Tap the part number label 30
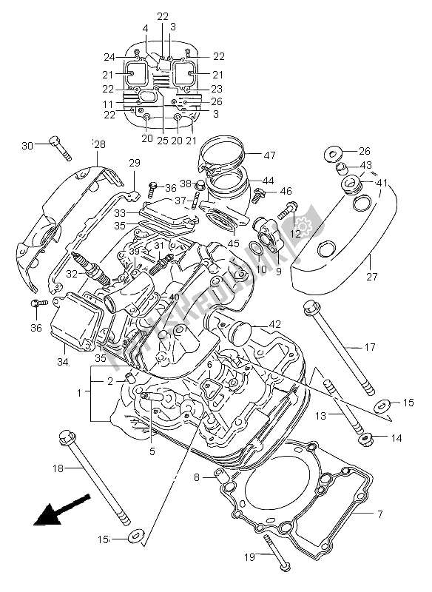pos(27,145)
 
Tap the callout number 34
pos(63,362)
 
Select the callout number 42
pos(274,323)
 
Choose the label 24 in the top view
pos(110,57)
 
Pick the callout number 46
pos(286,192)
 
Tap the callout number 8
pos(197,477)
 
